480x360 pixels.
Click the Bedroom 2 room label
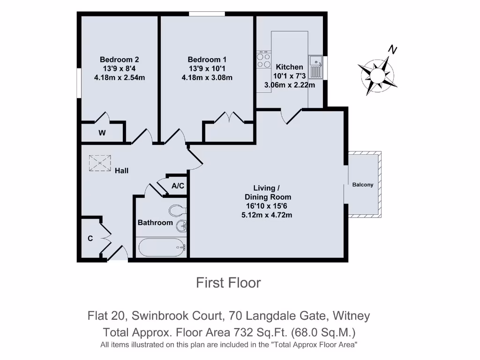point(119,60)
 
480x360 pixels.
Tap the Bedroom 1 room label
point(207,60)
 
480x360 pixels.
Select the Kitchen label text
point(289,67)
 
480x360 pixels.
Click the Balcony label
point(363,185)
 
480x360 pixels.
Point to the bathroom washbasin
point(181,226)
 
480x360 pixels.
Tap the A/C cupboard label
point(178,186)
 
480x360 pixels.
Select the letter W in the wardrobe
point(102,133)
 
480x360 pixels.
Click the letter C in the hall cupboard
point(90,239)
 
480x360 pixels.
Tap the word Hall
point(122,171)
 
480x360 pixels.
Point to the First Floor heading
point(228,283)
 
